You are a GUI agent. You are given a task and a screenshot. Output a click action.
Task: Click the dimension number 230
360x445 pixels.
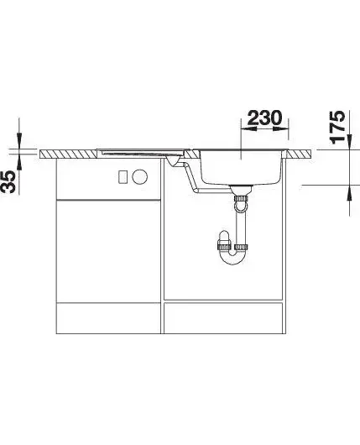pos(265,118)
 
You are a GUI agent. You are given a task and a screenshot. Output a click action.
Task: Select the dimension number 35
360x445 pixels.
pos(8,181)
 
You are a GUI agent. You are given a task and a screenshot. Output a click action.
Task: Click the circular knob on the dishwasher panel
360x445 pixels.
pos(139,176)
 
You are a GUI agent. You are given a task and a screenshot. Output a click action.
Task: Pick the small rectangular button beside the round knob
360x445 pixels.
pos(123,177)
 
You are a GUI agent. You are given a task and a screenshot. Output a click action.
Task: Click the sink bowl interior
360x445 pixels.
pos(241,166)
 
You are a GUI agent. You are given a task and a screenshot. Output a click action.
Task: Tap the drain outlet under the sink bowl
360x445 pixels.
pos(241,190)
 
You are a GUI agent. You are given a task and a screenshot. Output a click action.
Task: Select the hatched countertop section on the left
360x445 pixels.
pos(68,154)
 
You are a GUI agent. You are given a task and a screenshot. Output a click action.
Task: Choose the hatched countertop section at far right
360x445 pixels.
pos(300,154)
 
